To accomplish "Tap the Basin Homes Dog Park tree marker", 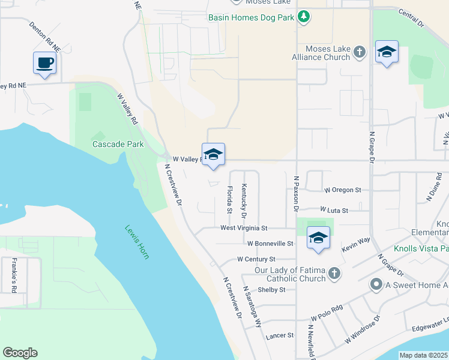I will (x=304, y=16).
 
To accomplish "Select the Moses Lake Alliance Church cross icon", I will (x=360, y=52).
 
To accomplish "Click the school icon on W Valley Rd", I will (x=213, y=155).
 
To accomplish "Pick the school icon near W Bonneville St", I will (x=318, y=238).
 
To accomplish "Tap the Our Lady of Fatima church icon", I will (x=334, y=274).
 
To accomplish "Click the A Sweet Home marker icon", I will (x=376, y=284).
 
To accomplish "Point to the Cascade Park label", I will (x=110, y=144).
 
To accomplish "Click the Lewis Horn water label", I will (x=137, y=241).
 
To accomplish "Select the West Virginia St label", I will (x=252, y=228).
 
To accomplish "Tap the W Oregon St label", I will (x=342, y=190).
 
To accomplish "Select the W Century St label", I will (x=256, y=259).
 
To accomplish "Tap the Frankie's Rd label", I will (x=14, y=275).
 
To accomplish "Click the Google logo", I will (x=20, y=353).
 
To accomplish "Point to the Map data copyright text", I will (x=423, y=355).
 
